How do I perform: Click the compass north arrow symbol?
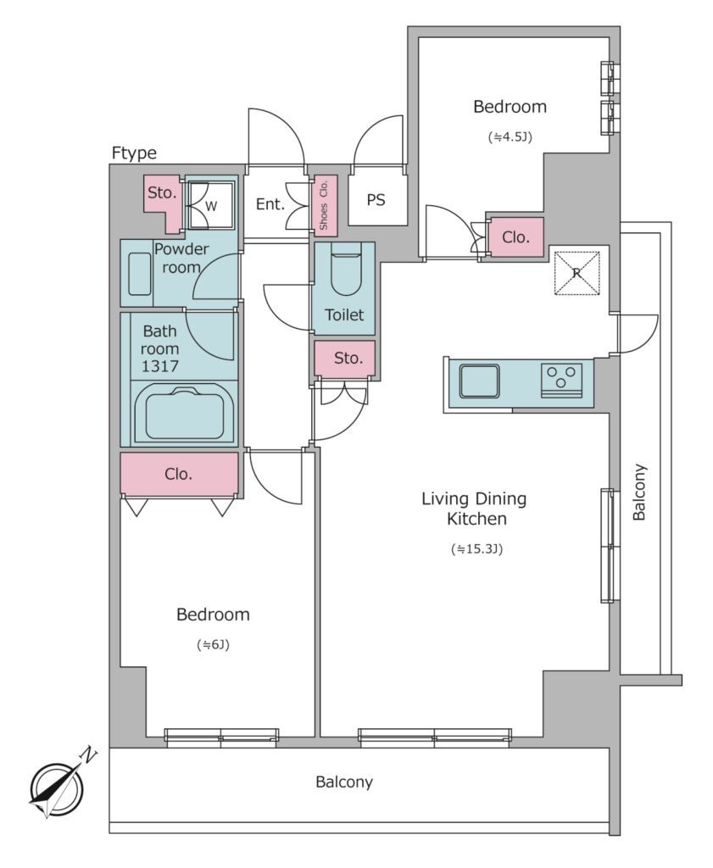[x=57, y=789]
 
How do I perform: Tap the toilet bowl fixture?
[x=345, y=273]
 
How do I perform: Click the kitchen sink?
[x=479, y=381]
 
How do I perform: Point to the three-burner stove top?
[x=561, y=380]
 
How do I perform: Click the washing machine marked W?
[x=210, y=206]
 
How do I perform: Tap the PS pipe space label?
[x=376, y=200]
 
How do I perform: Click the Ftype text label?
[x=134, y=153]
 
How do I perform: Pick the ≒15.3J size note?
[x=476, y=549]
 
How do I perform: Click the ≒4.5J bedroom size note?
[x=510, y=136]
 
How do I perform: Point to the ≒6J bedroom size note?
[x=213, y=644]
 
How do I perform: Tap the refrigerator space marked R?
[x=577, y=273]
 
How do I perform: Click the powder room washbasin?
[x=140, y=274]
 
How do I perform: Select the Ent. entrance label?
[x=270, y=204]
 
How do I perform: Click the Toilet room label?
[x=344, y=315]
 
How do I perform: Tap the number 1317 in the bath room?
[x=160, y=366]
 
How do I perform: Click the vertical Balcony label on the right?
[x=639, y=492]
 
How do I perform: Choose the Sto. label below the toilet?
[x=348, y=359]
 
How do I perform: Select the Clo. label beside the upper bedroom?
[x=516, y=237]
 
